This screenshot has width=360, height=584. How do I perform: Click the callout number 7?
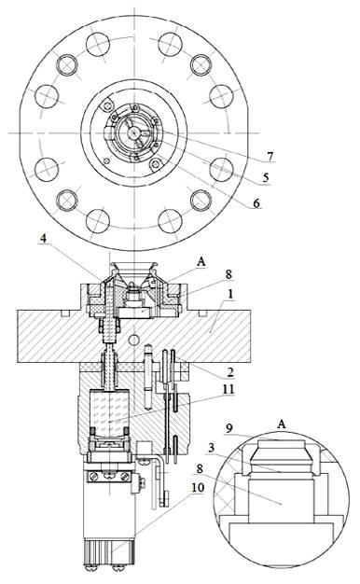[270, 156]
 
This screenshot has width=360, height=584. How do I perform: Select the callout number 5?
[265, 177]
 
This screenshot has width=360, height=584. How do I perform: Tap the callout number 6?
[256, 203]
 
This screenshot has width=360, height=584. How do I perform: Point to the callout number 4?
[44, 238]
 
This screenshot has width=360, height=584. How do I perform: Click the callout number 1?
[230, 294]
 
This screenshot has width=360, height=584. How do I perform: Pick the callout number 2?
[230, 371]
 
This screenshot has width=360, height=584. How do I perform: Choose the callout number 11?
[228, 389]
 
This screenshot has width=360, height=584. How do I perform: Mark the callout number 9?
[229, 428]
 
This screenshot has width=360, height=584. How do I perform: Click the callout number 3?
[212, 448]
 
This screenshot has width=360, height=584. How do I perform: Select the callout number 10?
[199, 487]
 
